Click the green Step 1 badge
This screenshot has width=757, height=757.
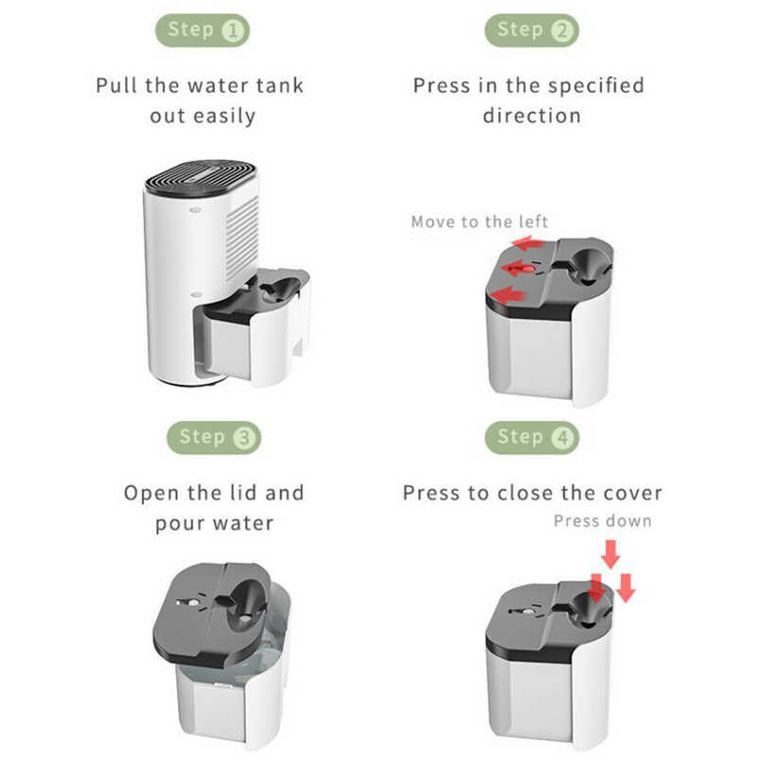202,30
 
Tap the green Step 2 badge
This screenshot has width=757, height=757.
532,30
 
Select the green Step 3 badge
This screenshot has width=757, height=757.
214,438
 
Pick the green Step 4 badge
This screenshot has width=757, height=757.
532,438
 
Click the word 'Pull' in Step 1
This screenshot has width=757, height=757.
116,85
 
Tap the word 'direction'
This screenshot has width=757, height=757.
532,115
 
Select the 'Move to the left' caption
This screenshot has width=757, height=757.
480,221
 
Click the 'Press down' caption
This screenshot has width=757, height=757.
603,521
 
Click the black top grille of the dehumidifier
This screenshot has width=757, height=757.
201,177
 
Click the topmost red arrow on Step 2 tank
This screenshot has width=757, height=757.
529,243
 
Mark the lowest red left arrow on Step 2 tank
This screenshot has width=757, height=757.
508,294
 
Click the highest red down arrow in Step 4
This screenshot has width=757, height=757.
610,555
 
